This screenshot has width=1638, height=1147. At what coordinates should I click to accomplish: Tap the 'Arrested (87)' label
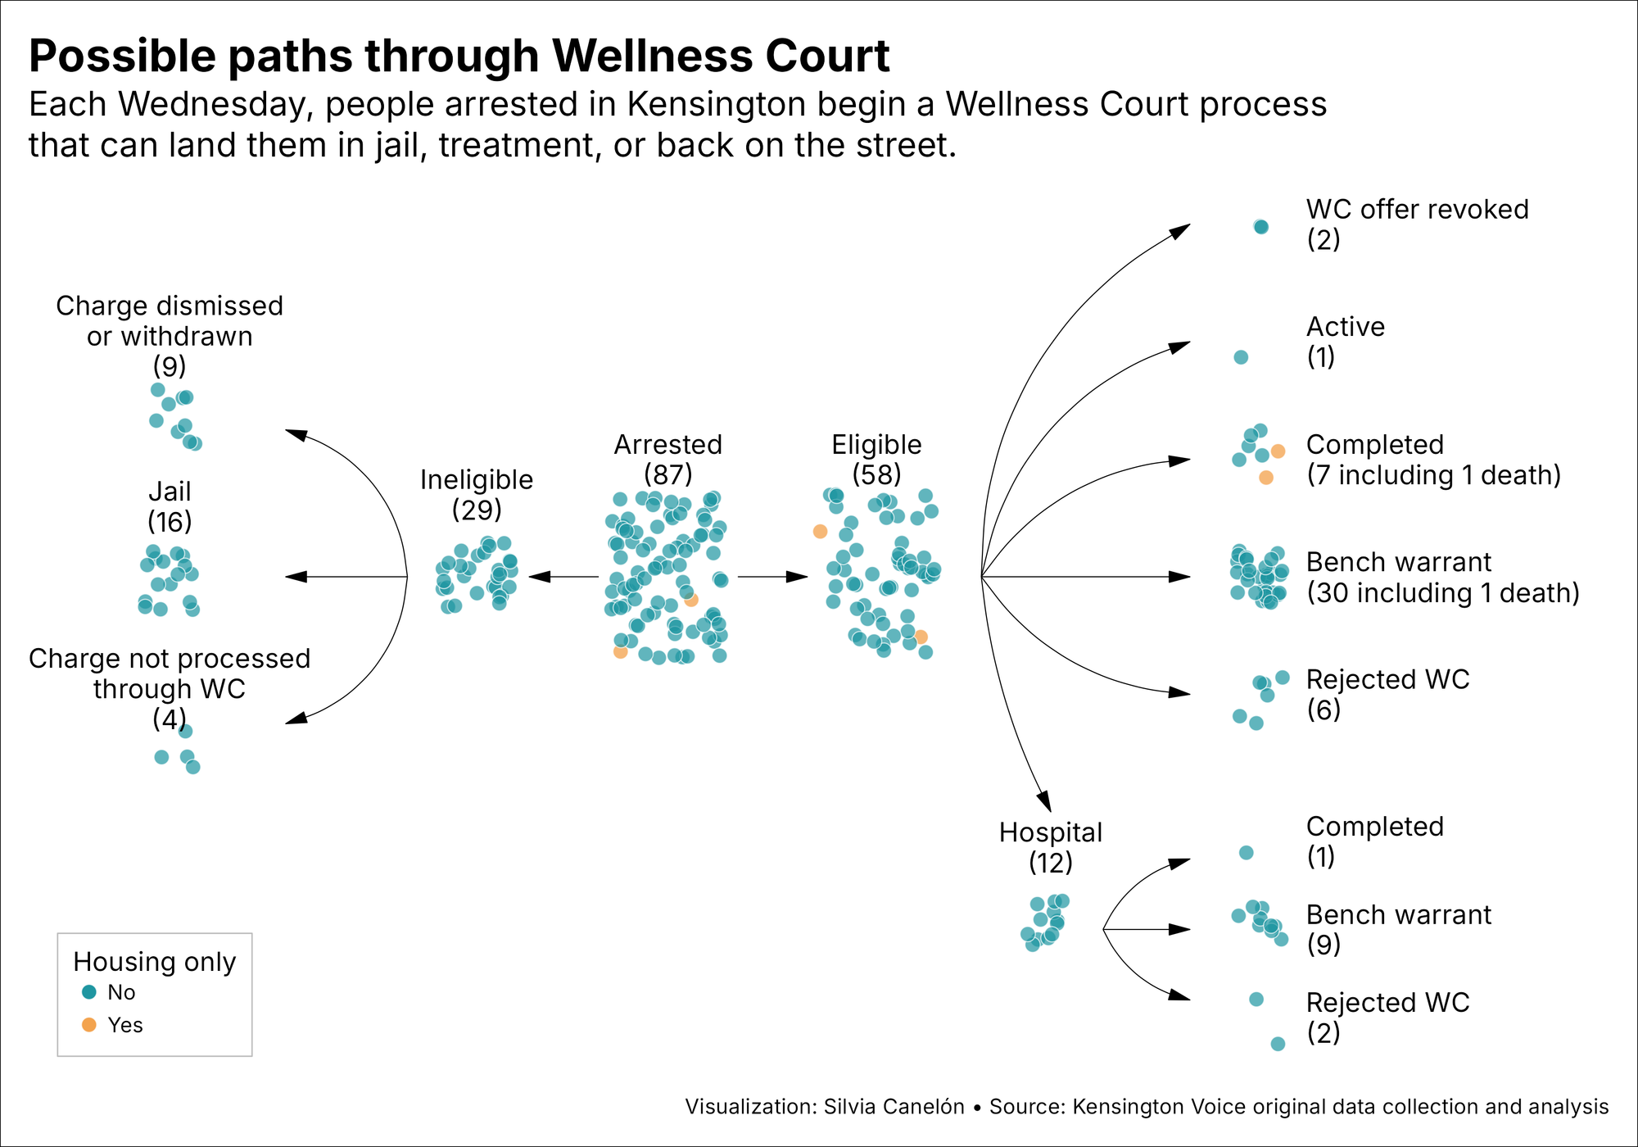coord(668,459)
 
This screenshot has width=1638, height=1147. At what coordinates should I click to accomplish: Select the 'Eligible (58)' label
coord(876,459)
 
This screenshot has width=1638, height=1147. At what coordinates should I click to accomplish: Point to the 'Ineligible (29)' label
coord(477,494)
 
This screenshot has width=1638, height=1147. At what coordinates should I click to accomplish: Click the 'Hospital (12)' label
coord(1051,847)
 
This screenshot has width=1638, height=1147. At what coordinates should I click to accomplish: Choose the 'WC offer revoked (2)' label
coord(1417,224)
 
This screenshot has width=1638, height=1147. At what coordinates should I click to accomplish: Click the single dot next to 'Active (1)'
coord(1241,357)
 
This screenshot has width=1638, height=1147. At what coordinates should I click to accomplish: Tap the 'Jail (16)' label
coord(170,506)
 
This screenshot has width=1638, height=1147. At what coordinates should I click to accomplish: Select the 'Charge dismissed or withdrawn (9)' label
coord(170,336)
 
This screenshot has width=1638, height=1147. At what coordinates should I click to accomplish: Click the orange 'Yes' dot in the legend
coord(89,1025)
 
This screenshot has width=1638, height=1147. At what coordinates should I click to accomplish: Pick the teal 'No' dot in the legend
coord(89,992)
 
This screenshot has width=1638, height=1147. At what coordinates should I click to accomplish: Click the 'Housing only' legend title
coord(154,961)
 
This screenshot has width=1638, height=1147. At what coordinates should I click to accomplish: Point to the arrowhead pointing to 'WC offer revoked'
coord(1180,231)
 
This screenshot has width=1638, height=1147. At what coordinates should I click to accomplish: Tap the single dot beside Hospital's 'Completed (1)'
coord(1246,853)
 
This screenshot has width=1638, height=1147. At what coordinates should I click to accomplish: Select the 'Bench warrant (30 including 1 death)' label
coord(1441,577)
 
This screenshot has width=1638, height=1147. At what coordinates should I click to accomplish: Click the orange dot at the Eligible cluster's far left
coord(820,532)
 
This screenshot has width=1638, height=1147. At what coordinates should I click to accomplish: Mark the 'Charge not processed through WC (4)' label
coord(170,688)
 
